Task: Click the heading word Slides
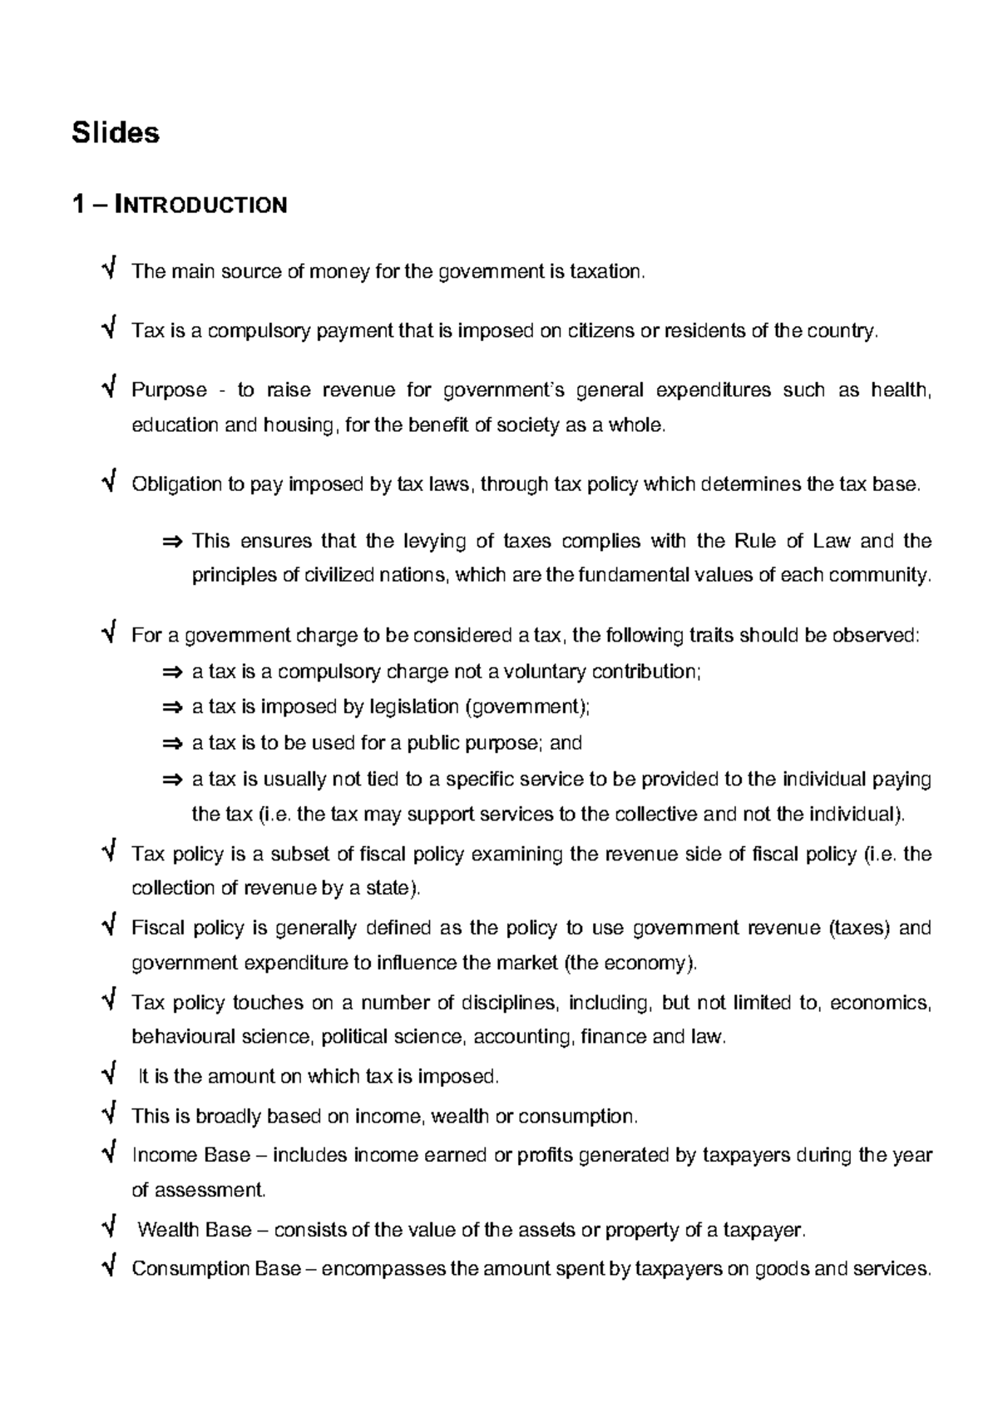click(x=116, y=132)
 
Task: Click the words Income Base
click(x=190, y=1155)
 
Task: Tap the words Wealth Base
click(x=194, y=1230)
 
